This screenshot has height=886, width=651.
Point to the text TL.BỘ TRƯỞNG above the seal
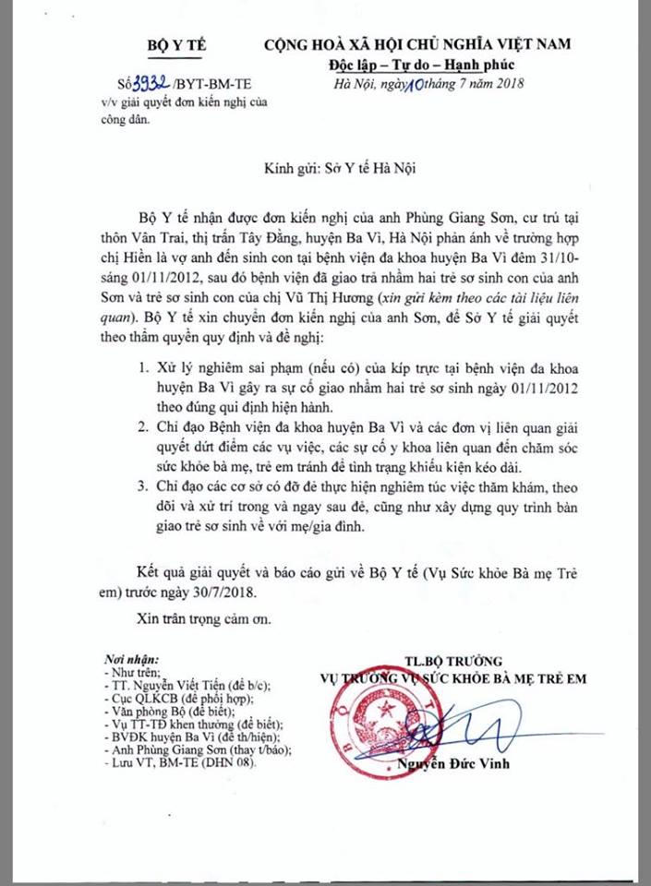click(x=452, y=661)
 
